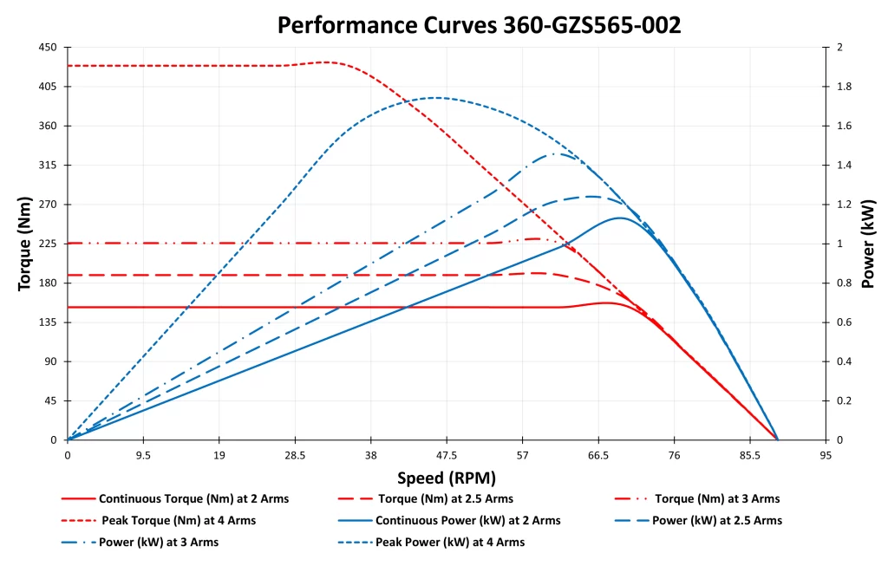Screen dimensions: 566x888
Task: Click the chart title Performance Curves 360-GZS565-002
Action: pos(479,24)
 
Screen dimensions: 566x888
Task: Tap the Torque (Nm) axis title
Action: pos(25,244)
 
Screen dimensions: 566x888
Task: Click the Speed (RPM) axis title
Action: pos(447,478)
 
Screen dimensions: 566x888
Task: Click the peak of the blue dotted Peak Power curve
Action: pos(435,98)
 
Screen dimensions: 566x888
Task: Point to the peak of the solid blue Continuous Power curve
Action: pos(619,218)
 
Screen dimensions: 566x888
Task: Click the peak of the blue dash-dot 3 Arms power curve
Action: pos(555,153)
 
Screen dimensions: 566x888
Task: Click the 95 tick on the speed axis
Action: pos(825,456)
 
